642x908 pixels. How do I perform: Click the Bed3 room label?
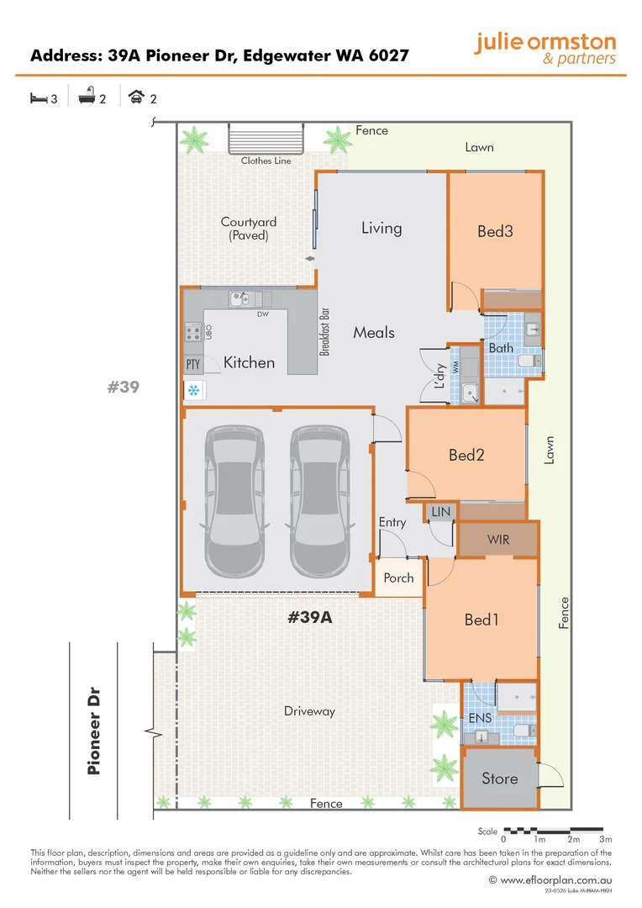495,230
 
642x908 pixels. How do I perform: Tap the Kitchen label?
249,362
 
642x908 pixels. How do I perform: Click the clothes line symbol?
266,136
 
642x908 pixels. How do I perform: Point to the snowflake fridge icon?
194,390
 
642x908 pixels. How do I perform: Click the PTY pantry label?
192,365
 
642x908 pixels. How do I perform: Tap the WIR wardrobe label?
498,540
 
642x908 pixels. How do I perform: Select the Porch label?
398,578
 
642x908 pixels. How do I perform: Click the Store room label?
499,779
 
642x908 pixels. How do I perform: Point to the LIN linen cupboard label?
439,511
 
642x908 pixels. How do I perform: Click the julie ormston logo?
545,49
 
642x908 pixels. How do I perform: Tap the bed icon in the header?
38,98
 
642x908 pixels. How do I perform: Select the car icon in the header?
135,98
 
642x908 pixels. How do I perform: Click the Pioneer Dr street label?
94,729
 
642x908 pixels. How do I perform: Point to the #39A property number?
310,617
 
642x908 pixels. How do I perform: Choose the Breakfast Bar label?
324,329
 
